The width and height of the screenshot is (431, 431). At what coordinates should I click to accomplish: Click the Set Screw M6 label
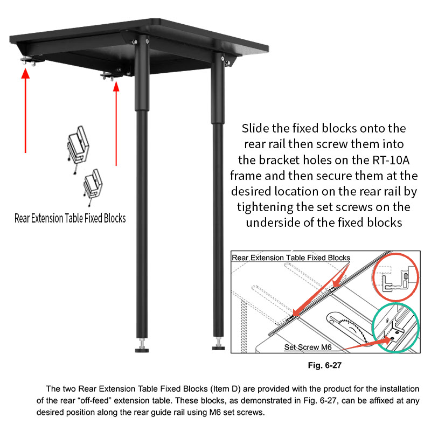tap(310, 347)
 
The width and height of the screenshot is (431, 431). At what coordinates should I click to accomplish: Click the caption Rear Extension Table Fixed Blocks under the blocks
tap(70, 218)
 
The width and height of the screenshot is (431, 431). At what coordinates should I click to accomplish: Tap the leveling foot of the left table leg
tap(142, 347)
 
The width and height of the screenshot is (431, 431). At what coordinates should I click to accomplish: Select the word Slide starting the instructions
tap(256, 129)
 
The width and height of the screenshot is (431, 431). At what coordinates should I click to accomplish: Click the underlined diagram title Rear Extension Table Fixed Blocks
tap(291, 258)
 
